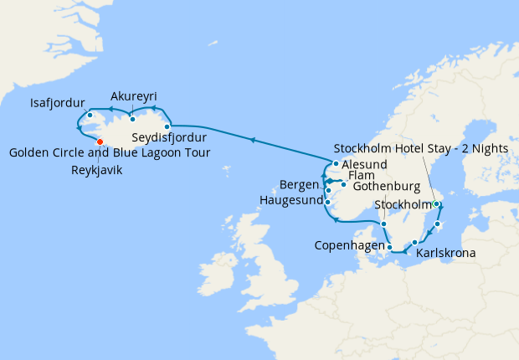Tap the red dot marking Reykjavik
(100, 141)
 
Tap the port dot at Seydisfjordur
(167, 127)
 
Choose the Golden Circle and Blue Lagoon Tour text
(109, 152)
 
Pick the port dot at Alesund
(335, 164)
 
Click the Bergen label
(301, 183)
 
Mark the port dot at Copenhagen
(390, 247)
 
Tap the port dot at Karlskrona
(414, 242)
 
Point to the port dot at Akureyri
(132, 120)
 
